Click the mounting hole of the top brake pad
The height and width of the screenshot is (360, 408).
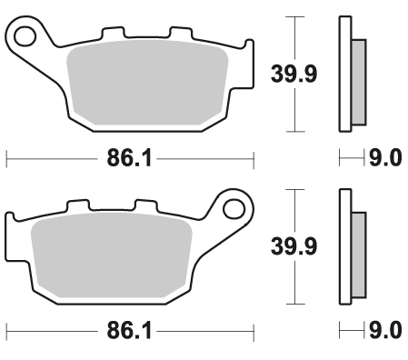[25, 36]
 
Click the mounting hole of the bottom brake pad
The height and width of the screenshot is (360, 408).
[234, 209]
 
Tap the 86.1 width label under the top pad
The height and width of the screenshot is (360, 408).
[129, 158]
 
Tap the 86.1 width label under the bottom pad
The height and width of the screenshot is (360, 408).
[129, 331]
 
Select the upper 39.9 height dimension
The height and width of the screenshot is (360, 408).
[294, 74]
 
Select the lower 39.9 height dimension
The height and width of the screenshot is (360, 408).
[294, 246]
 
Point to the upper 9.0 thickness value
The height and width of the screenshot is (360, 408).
[385, 158]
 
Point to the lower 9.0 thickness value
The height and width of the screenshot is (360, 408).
[385, 330]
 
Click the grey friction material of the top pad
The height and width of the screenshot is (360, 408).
[147, 83]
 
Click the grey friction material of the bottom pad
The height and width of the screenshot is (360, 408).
[112, 255]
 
